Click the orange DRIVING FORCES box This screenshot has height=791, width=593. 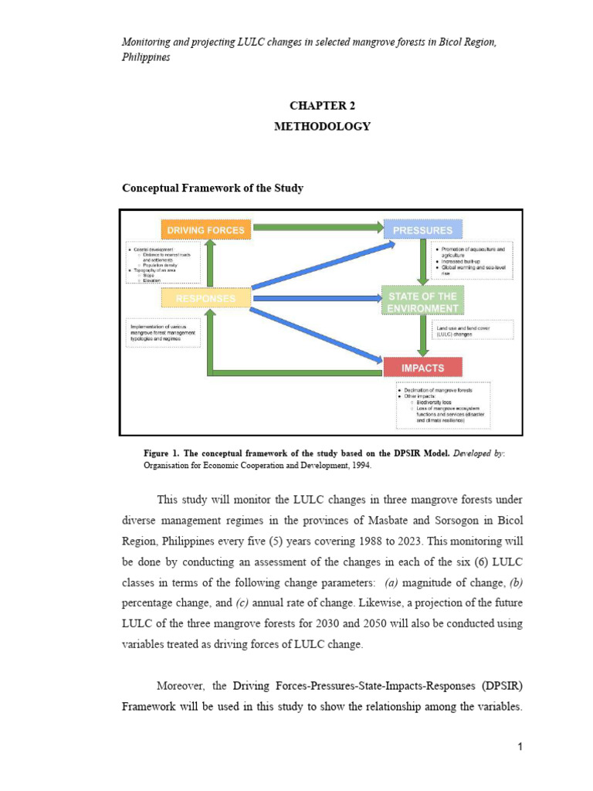click(x=206, y=229)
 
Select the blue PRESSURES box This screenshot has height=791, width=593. click(x=422, y=229)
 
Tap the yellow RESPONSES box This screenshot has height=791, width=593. click(x=205, y=298)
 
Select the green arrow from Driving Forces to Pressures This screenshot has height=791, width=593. click(x=317, y=227)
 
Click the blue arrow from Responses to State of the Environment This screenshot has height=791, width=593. click(x=317, y=298)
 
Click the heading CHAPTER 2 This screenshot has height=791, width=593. click(x=322, y=105)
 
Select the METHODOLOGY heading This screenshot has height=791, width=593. click(x=322, y=126)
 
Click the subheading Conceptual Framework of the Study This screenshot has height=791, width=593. click(x=213, y=188)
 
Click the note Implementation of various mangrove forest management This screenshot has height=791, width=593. click(x=163, y=332)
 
